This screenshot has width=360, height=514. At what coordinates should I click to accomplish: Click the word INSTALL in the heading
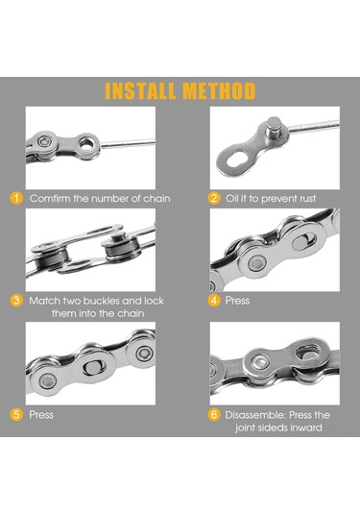click(x=140, y=91)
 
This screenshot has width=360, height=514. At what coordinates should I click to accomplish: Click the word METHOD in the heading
click(x=219, y=91)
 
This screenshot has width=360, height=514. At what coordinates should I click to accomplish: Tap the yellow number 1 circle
click(x=16, y=198)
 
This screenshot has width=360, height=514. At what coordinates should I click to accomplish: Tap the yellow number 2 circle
click(x=214, y=198)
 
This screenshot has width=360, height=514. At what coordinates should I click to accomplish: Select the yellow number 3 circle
click(x=16, y=301)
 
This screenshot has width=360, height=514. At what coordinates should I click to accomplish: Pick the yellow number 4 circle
click(x=214, y=301)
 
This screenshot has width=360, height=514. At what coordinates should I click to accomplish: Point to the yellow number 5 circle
click(x=16, y=414)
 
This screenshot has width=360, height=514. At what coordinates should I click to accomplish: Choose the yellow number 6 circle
click(x=214, y=415)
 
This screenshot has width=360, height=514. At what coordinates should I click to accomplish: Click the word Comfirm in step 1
click(x=50, y=199)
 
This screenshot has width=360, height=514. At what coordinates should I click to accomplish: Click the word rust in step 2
click(x=306, y=199)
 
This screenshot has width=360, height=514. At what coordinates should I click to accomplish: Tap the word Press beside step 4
click(x=237, y=301)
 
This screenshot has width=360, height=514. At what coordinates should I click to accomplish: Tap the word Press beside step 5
click(x=41, y=415)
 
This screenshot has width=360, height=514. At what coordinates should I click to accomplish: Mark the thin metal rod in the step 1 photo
click(x=128, y=143)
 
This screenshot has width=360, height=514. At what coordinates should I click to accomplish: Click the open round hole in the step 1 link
click(x=86, y=144)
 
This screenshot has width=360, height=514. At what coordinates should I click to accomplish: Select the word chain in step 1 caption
click(x=156, y=199)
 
